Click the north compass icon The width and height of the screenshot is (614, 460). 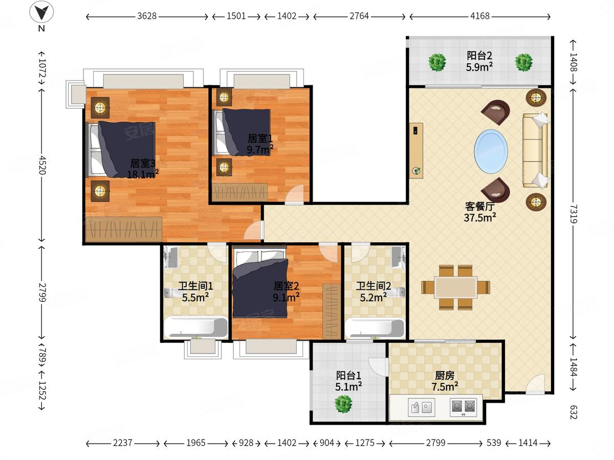(41, 16)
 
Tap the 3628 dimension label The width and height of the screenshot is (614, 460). (147, 16)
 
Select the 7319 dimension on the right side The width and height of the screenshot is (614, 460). (573, 214)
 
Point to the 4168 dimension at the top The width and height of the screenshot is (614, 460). (480, 16)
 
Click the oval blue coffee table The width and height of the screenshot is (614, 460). (491, 151)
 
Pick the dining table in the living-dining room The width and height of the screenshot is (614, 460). (456, 287)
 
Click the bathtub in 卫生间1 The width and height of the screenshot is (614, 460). (196, 327)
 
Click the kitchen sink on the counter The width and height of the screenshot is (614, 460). (421, 407)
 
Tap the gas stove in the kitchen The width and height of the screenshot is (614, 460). (463, 407)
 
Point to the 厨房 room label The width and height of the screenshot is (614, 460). (445, 376)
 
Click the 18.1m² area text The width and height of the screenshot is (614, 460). (143, 174)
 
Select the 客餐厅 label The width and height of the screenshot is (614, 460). (480, 206)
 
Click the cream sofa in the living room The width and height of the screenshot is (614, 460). (535, 150)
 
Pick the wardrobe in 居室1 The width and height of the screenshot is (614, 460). (240, 192)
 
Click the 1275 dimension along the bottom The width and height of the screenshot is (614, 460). (365, 443)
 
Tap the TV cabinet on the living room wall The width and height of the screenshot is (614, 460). (416, 150)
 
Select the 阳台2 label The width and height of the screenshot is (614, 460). (479, 56)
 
